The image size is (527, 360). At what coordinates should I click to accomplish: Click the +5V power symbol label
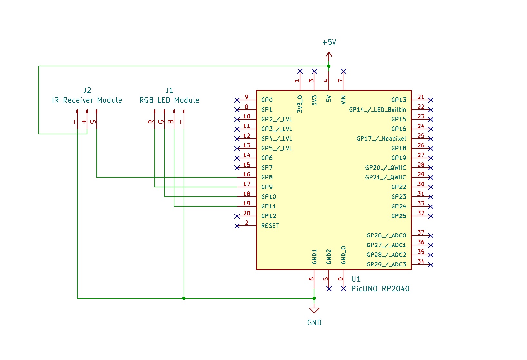click(329, 42)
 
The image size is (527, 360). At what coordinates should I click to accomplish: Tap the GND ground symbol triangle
click(314, 310)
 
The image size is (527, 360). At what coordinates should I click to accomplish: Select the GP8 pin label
click(267, 177)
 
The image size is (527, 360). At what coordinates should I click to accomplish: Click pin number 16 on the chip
click(246, 175)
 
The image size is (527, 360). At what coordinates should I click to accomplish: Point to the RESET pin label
click(270, 226)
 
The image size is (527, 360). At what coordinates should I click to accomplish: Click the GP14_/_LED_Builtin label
click(377, 110)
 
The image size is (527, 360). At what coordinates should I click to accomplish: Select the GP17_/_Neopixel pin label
click(381, 139)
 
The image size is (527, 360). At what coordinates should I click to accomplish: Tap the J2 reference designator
click(87, 90)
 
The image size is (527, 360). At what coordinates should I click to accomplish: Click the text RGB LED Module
click(169, 100)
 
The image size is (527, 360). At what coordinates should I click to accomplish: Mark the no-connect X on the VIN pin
click(343, 71)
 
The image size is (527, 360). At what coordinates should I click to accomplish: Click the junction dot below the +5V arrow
click(329, 66)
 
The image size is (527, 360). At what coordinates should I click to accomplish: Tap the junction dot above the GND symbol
click(314, 298)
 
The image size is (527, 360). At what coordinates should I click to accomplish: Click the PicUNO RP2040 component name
click(380, 289)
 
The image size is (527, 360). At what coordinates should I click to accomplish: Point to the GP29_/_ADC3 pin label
click(386, 265)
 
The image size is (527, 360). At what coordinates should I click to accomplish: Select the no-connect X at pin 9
click(237, 100)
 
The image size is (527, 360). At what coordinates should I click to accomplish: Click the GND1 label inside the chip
click(314, 256)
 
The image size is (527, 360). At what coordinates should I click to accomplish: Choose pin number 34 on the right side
click(421, 262)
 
